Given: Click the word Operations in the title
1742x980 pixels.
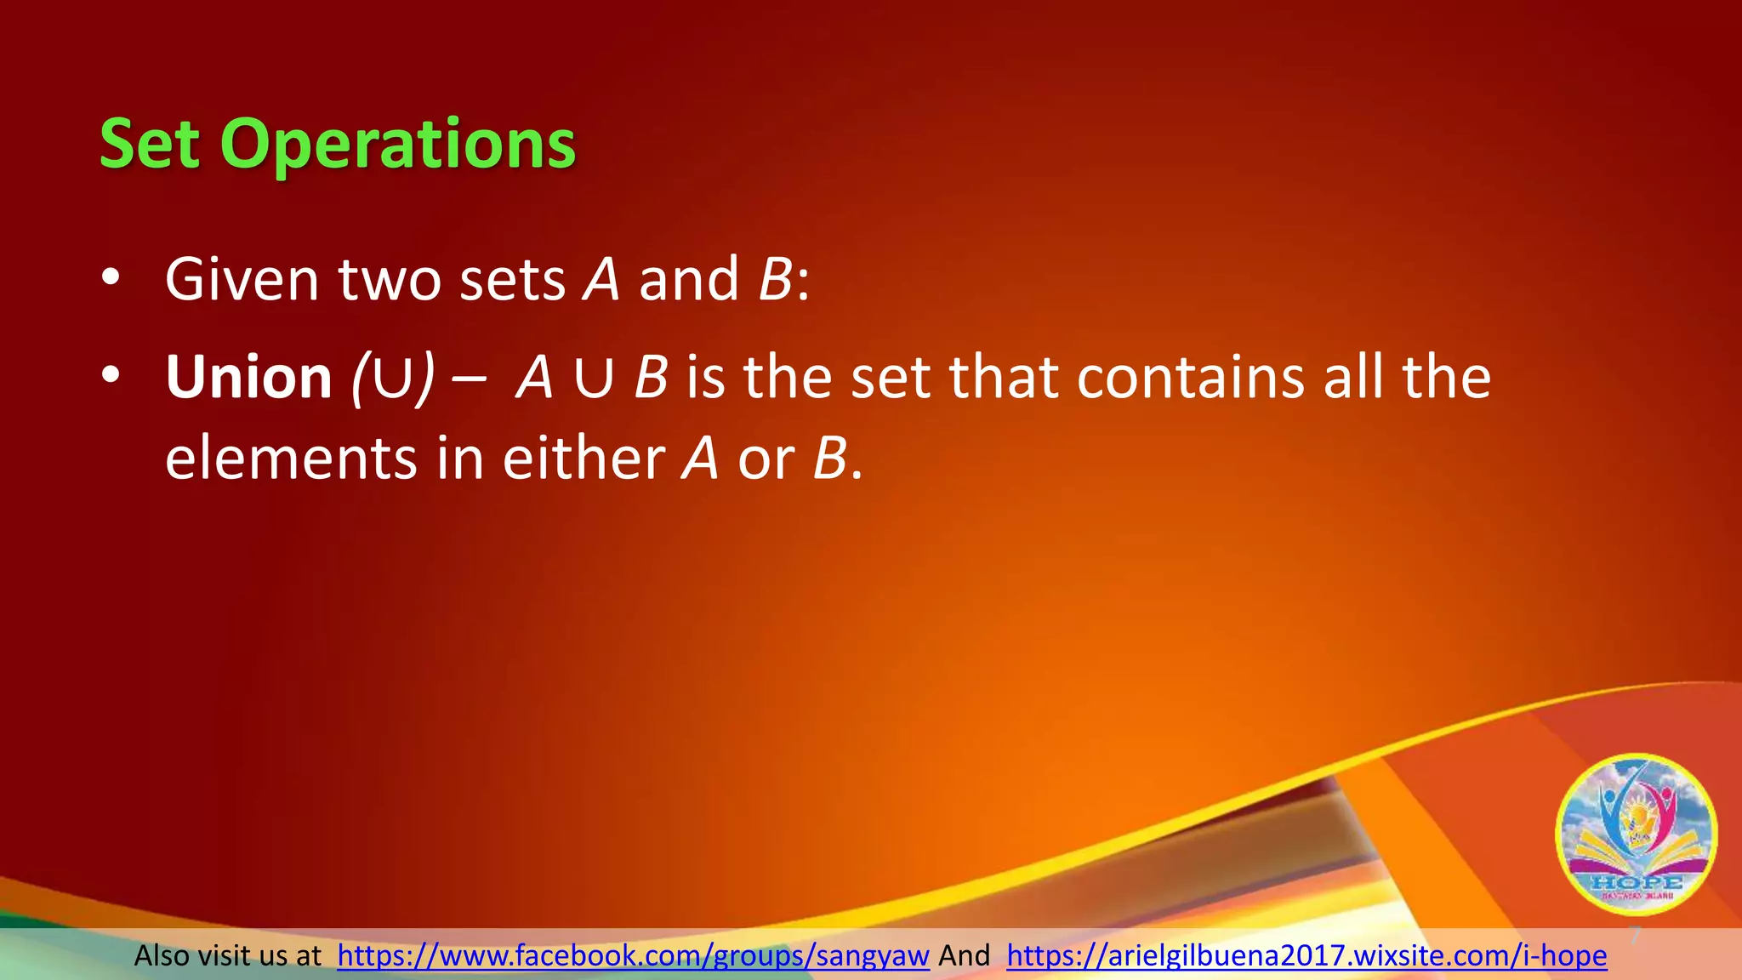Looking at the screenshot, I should click(x=398, y=145).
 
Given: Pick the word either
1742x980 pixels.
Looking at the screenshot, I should click(x=584, y=459).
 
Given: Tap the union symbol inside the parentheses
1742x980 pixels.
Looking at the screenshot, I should click(x=393, y=379).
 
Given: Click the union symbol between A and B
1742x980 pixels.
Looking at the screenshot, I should click(x=594, y=379).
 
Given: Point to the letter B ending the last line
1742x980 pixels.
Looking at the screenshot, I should click(x=830, y=459).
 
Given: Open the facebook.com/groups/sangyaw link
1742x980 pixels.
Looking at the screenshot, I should click(x=633, y=956).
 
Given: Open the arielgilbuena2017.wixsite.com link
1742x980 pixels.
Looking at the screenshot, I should click(x=1306, y=956).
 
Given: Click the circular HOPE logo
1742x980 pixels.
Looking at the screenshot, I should click(x=1636, y=834).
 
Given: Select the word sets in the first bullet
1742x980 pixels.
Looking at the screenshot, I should click(x=512, y=281).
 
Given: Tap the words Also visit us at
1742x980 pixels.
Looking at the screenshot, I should click(x=228, y=956).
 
